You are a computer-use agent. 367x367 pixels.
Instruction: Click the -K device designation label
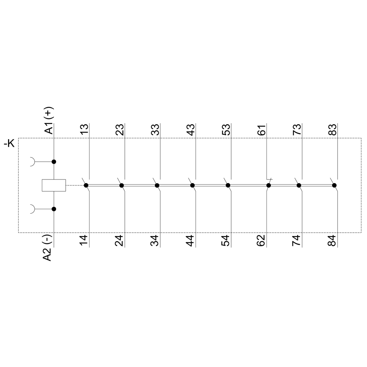(9, 143)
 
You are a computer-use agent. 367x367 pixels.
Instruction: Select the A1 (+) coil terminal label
(49, 120)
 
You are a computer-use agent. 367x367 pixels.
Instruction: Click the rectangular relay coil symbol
(54, 185)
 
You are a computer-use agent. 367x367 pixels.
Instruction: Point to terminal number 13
(84, 129)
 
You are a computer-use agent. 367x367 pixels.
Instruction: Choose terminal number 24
(119, 241)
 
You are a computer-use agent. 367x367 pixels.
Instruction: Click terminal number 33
(155, 130)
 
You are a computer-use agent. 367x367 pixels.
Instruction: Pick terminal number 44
(190, 241)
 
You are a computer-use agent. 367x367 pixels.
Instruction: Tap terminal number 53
(226, 130)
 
